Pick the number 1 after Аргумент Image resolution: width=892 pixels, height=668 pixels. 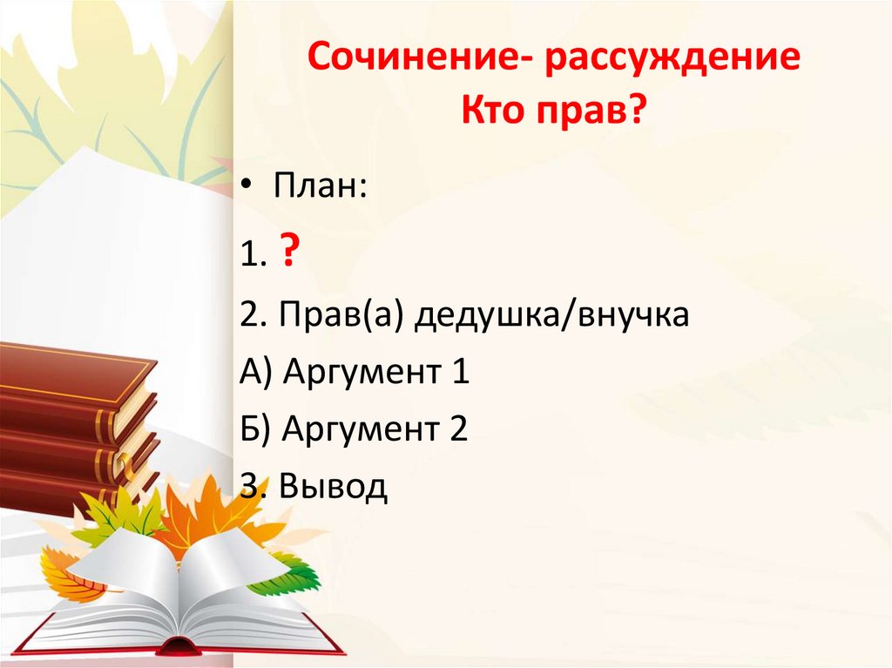[459, 373]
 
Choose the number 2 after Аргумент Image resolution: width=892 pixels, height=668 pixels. [459, 430]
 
